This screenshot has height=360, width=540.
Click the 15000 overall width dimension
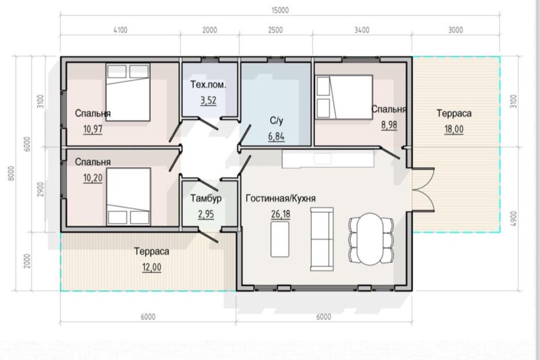[280, 10]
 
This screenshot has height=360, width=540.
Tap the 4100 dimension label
[120, 30]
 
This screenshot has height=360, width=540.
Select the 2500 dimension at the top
[276, 30]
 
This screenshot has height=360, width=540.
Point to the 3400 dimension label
[362, 30]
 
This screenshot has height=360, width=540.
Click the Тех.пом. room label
[208, 84]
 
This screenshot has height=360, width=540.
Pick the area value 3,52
[208, 100]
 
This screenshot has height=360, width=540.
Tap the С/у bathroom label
[277, 120]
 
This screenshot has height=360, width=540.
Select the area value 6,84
[277, 137]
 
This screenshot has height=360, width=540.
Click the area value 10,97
[93, 129]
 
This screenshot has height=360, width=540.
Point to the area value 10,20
[93, 178]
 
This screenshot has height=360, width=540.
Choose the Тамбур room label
[206, 199]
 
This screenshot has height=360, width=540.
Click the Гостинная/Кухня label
[281, 199]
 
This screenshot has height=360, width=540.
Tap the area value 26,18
[281, 214]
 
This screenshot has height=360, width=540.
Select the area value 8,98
[389, 125]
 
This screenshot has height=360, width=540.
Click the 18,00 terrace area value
[454, 129]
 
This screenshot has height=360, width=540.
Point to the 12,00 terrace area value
[151, 267]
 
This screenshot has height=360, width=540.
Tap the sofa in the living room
[322, 239]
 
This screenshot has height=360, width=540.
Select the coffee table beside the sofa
[280, 239]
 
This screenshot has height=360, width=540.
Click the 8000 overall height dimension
[11, 173]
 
